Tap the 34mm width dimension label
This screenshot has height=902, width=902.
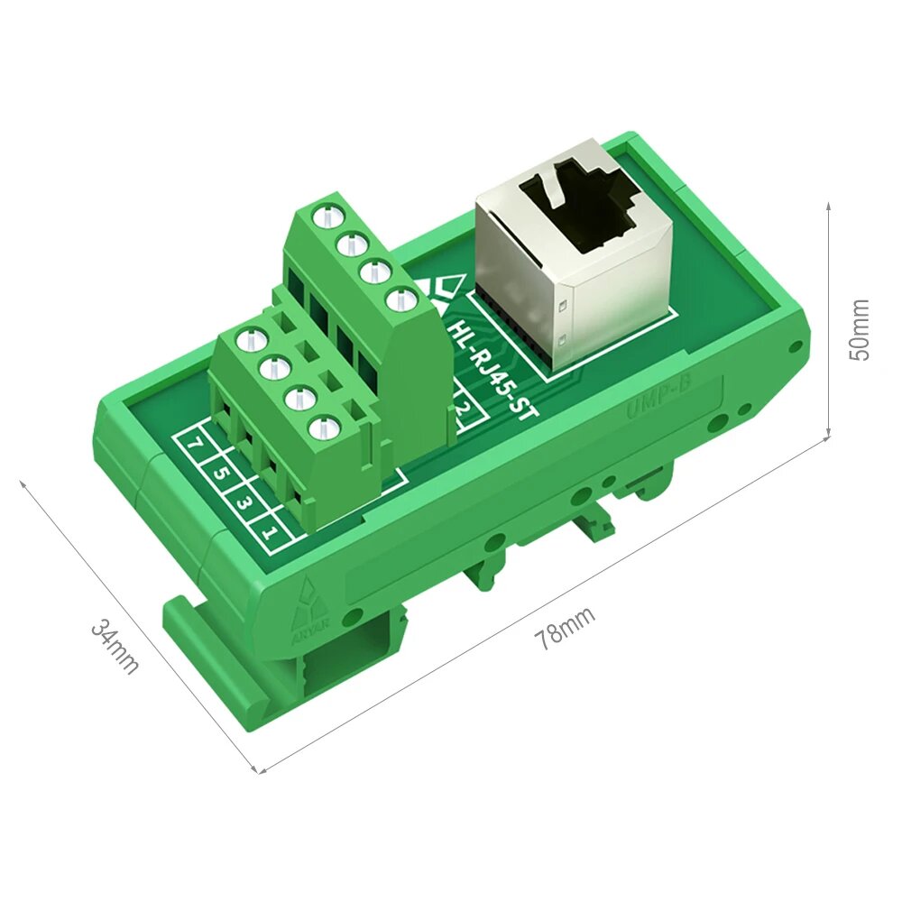coord(115,646)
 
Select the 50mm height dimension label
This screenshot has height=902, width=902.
coord(861,329)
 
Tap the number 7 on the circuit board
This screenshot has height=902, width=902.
coord(195,445)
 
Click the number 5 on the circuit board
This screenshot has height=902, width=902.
coord(220,472)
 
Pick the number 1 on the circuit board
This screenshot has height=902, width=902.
coord(270,531)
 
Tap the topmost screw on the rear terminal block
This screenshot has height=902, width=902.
coord(322,216)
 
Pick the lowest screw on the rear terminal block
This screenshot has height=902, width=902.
coord(398,300)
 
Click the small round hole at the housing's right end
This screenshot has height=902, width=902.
coord(794,346)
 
